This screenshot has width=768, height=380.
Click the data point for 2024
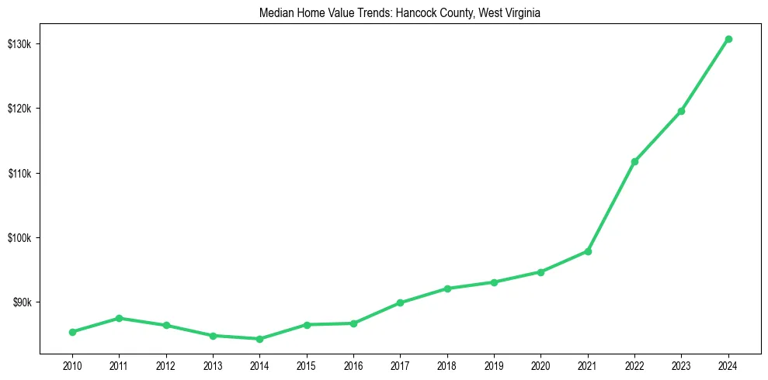coord(728,39)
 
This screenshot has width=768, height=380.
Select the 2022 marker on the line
coord(634,161)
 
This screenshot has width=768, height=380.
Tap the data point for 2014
coord(259,339)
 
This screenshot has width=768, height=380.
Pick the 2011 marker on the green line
coord(119,318)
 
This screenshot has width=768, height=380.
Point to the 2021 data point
coord(588,251)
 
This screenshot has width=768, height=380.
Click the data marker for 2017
coord(400,302)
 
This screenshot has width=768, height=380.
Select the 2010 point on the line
coord(72,332)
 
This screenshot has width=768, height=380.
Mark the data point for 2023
coord(681,111)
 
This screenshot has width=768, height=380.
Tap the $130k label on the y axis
coord(19,43)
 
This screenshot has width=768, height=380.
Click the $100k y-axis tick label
coord(19,237)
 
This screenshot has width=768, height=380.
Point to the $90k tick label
coord(21,302)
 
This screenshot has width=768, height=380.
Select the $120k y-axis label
coord(19,109)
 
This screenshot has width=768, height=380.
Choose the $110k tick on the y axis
coord(19,173)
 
